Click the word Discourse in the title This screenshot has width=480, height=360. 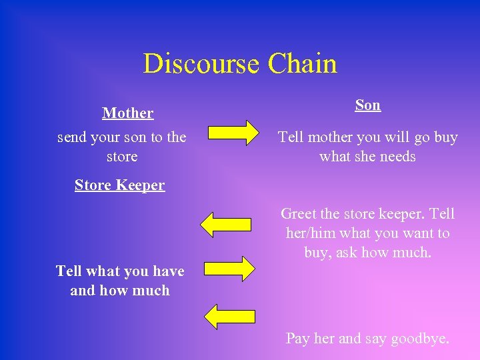(201, 64)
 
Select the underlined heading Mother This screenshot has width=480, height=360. (128, 113)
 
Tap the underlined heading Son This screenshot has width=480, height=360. (367, 105)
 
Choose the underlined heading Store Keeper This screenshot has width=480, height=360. (119, 185)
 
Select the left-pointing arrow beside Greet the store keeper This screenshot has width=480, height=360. (227, 225)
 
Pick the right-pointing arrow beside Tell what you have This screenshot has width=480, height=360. (229, 268)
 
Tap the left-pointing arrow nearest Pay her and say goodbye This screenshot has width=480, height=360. (229, 315)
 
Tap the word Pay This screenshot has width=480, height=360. (297, 338)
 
